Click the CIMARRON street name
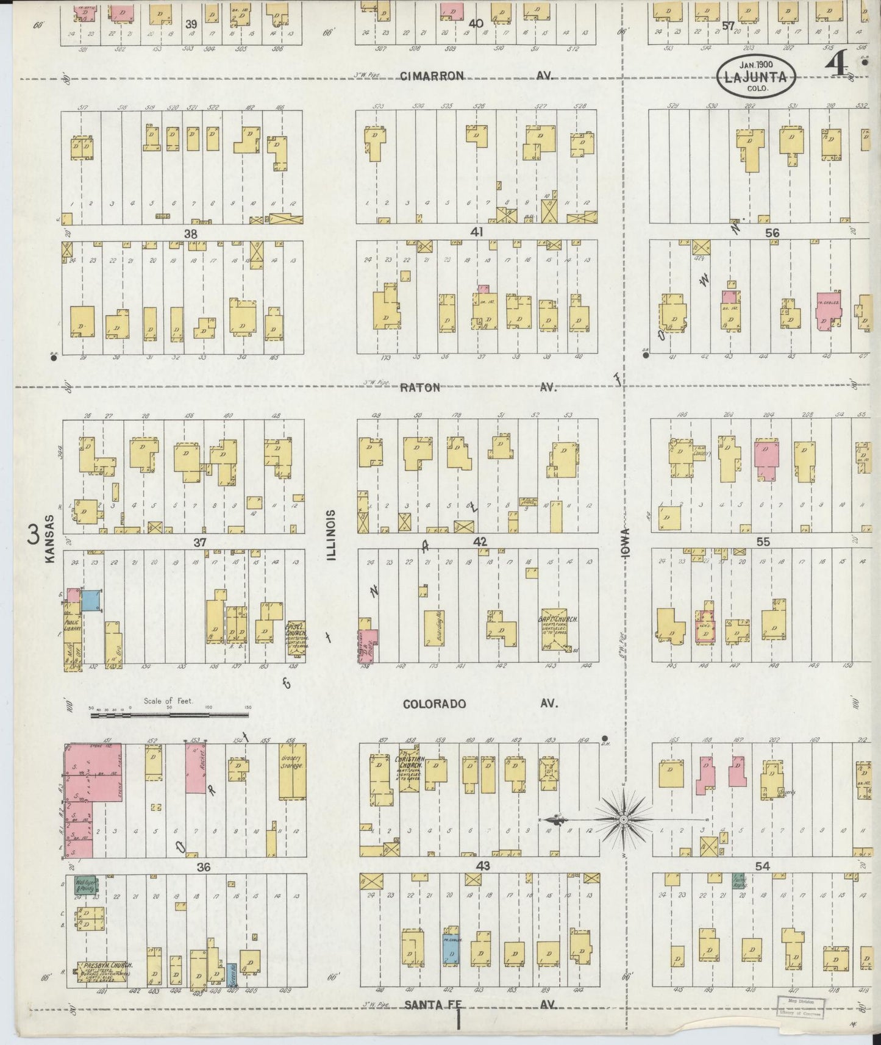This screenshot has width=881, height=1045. (x=432, y=76)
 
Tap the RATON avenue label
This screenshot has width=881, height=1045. (x=419, y=388)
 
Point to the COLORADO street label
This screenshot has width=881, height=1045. (x=434, y=704)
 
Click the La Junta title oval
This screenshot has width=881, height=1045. (x=755, y=76)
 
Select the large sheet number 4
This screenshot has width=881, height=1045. (x=836, y=65)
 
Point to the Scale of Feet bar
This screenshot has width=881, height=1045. (x=170, y=714)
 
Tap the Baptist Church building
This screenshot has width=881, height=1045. (x=558, y=633)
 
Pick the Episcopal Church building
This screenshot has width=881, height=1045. (x=296, y=638)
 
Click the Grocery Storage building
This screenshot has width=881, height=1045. (x=293, y=771)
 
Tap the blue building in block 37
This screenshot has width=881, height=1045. (x=91, y=600)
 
